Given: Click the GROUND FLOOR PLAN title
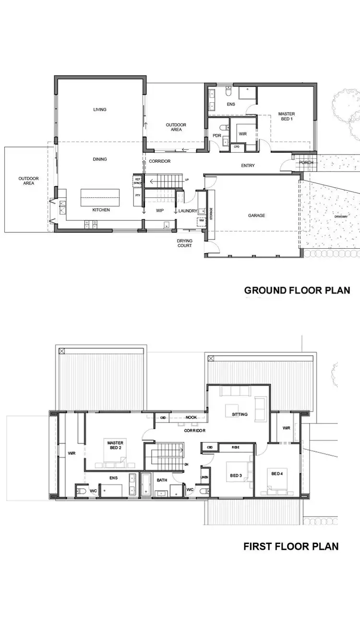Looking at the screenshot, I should tap(297, 290).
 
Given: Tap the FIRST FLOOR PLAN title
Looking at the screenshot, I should tap(291, 546).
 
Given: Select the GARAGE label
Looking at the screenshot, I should tap(256, 216).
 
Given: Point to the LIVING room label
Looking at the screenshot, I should tap(100, 109).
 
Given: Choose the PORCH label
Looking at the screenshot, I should tap(306, 162).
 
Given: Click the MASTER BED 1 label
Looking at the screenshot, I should tap(287, 116).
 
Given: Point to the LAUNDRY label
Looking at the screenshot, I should tap(188, 211).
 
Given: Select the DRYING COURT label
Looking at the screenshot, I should tap(185, 243).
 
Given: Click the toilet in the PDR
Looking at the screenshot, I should tap(223, 128).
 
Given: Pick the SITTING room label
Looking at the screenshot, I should tap(240, 414).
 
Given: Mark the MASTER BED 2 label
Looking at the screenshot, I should tap(116, 444).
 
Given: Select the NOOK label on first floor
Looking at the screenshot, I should tap(192, 417).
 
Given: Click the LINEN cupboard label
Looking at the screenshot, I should tap(205, 477).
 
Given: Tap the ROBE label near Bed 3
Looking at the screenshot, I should tap(236, 447).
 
